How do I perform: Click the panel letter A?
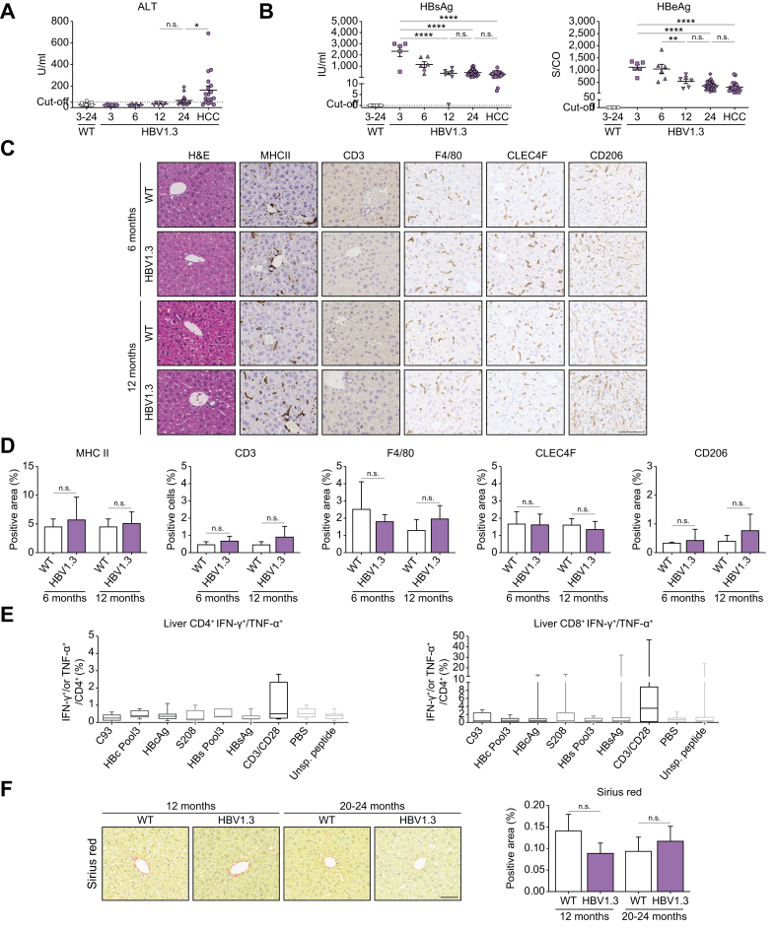click(10, 10)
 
